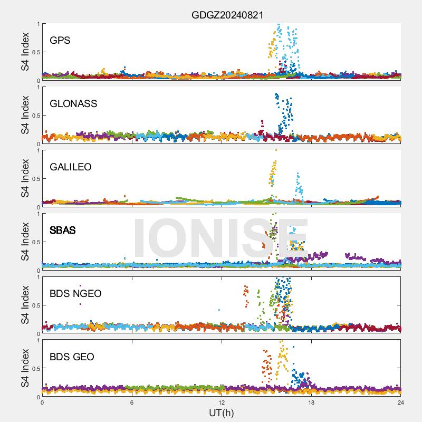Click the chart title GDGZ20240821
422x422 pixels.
click(x=227, y=15)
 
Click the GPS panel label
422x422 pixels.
click(x=60, y=41)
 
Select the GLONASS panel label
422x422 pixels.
click(x=73, y=104)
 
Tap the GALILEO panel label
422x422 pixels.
click(x=70, y=167)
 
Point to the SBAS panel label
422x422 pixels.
click(x=62, y=231)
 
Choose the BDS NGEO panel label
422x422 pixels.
click(x=75, y=294)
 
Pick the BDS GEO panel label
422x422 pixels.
click(x=72, y=357)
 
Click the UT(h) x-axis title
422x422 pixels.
click(x=221, y=413)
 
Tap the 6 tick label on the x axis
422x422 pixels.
click(x=132, y=403)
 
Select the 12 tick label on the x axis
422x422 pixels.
click(x=222, y=403)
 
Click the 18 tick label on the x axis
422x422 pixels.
click(x=311, y=403)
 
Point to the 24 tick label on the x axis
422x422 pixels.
click(x=401, y=403)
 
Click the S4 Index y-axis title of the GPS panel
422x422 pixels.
click(x=25, y=52)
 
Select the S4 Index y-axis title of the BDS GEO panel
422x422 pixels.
click(x=25, y=368)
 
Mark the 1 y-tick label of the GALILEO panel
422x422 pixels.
click(x=37, y=150)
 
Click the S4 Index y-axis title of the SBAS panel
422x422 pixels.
click(x=25, y=242)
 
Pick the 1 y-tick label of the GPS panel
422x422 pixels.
click(x=37, y=24)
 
